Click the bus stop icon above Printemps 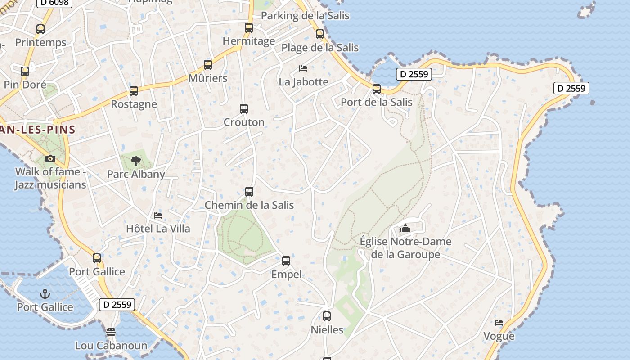coord(40,29)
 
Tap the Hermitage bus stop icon coord(249,28)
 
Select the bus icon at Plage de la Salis coord(320,34)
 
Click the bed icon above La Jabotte coord(303,68)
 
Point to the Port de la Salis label coord(376,102)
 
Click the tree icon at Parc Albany coord(135,161)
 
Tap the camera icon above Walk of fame coord(50,158)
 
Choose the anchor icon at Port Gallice coord(45,294)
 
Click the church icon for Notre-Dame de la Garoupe coord(405,229)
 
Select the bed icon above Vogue coord(499,323)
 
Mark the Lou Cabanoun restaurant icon coord(111,332)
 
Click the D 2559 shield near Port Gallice coord(117,305)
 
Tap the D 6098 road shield coord(54,3)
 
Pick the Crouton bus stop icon coord(244,109)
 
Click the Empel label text coord(286,274)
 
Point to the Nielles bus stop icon coord(327,316)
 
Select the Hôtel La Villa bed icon coord(158,216)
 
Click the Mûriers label coord(207,78)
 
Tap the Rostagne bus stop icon coord(134,91)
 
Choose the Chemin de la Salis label coord(249,205)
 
